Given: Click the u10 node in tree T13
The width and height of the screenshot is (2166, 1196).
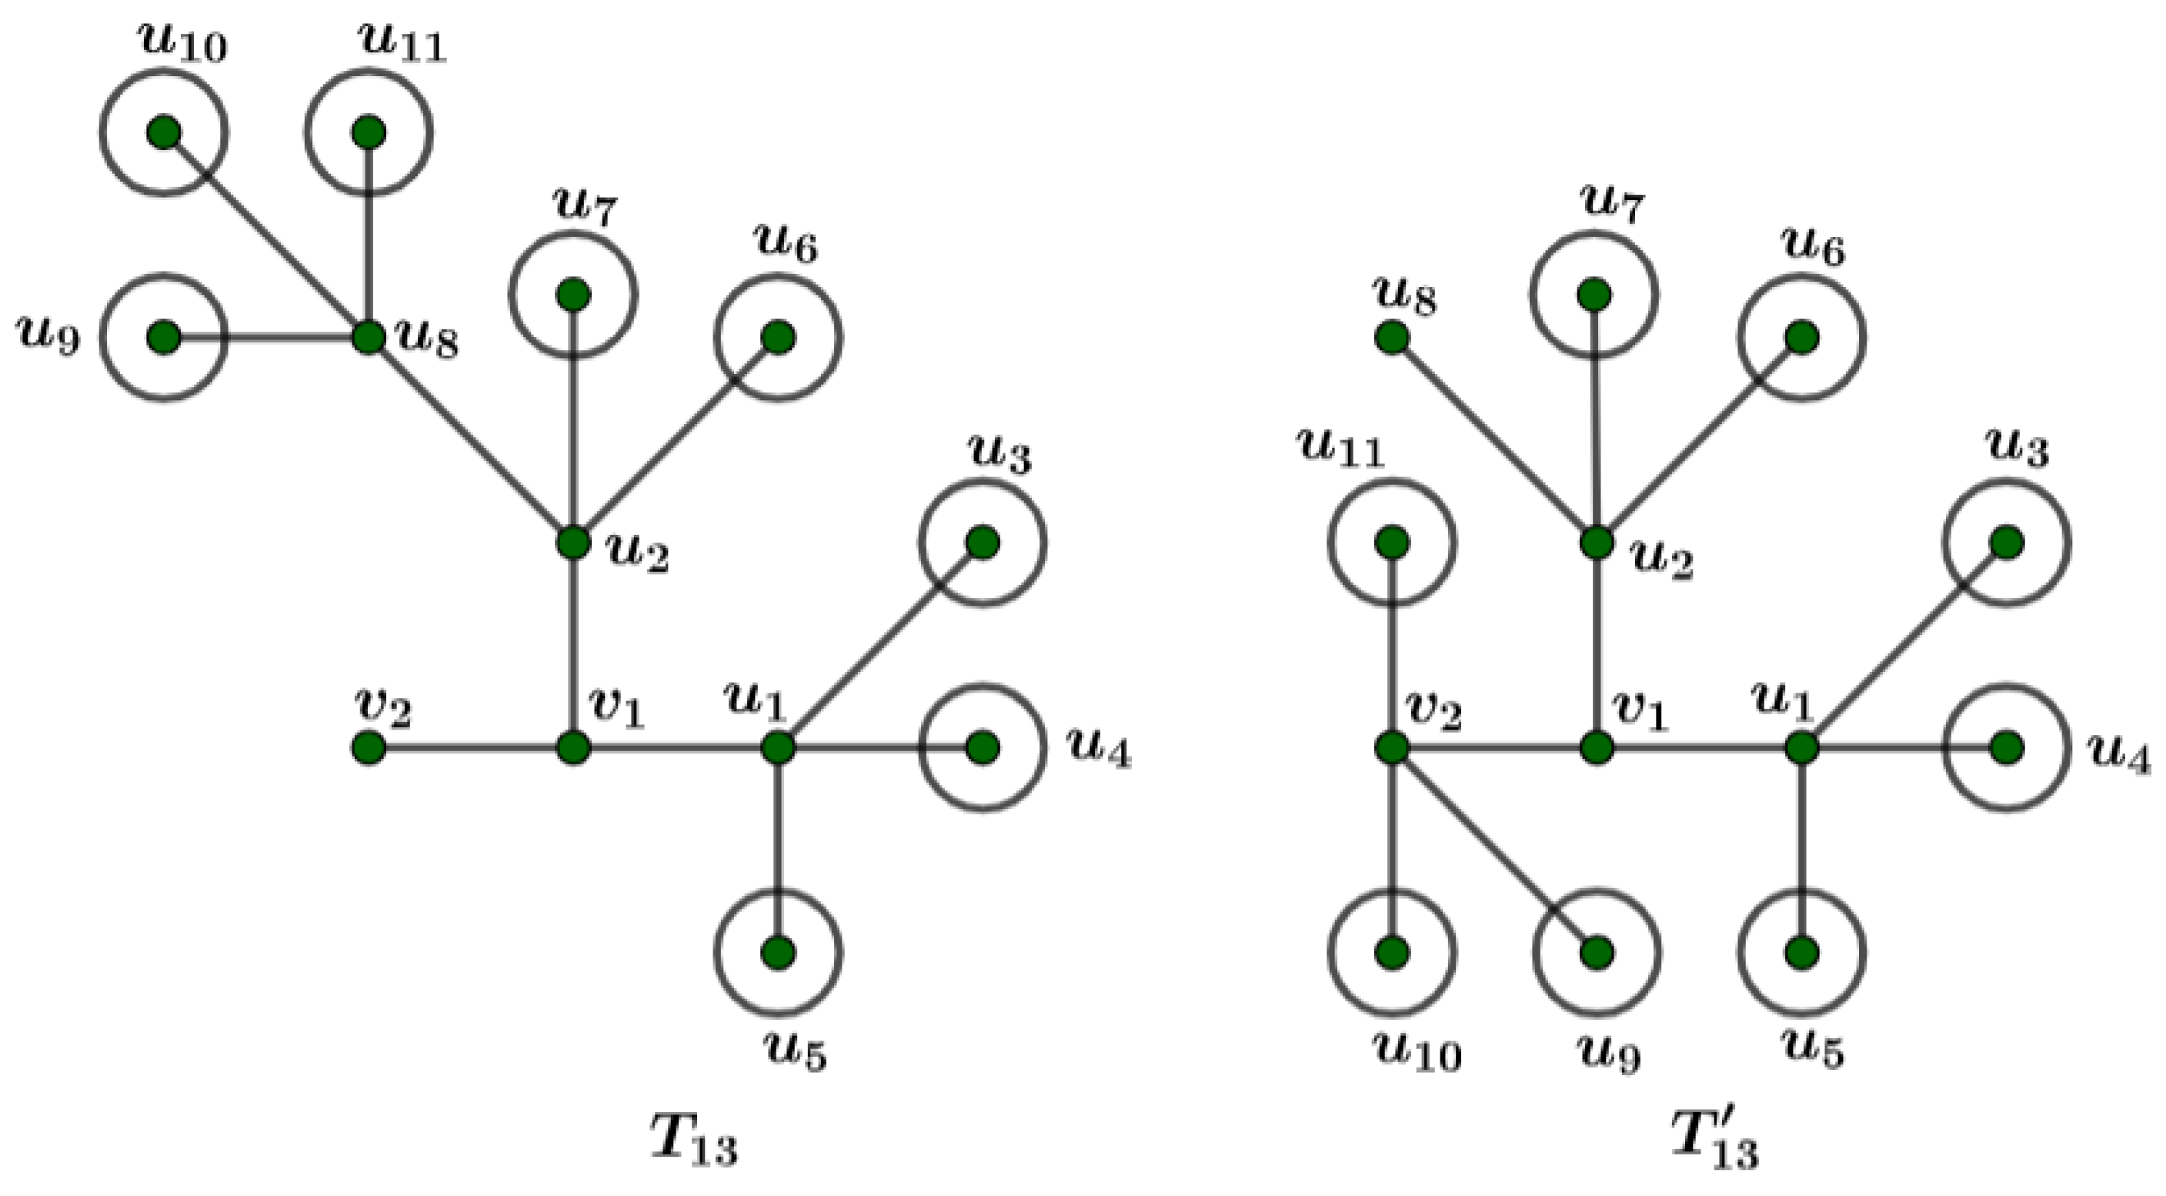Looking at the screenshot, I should coord(163,132).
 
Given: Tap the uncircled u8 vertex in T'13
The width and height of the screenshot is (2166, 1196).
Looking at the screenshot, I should coord(1392,338).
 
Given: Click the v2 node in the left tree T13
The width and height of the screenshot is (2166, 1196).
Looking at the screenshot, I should coord(369,747).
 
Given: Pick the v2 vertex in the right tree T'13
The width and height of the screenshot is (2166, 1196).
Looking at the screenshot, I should coord(1392,747).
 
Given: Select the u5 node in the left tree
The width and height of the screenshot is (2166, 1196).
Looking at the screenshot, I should coord(778,952).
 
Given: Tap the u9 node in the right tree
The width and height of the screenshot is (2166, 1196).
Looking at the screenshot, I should coord(1596,952).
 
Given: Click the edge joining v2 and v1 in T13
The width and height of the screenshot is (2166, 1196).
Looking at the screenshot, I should coord(471,747).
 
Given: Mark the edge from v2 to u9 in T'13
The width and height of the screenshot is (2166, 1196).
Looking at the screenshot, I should coord(1494,850).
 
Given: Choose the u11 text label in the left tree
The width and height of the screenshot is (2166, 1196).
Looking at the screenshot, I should coord(402,44).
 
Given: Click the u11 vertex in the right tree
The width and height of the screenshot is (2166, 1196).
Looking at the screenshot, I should coord(1392,543).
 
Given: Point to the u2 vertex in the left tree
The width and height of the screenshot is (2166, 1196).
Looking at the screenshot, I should coord(573,543).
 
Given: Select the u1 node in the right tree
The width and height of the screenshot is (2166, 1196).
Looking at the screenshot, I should coord(1801,747).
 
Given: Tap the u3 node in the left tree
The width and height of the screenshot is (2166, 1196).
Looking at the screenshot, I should coord(982,543).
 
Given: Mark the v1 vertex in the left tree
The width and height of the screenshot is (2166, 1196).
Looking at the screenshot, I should coord(573,747).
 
